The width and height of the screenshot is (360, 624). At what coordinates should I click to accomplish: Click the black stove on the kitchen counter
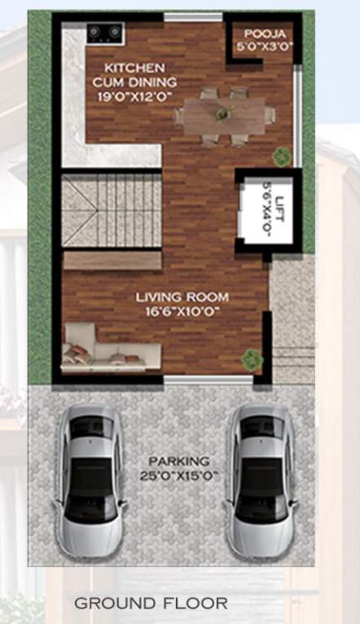105,33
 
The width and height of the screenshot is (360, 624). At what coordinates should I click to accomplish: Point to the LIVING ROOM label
182,298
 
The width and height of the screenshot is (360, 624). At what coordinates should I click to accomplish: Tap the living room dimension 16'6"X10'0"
182,312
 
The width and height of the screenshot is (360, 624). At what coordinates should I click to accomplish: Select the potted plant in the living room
252,358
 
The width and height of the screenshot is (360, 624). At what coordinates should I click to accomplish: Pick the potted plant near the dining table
282,155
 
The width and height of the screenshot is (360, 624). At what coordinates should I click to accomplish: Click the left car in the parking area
90,481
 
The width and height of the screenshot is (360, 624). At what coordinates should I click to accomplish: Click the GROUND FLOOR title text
151,604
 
